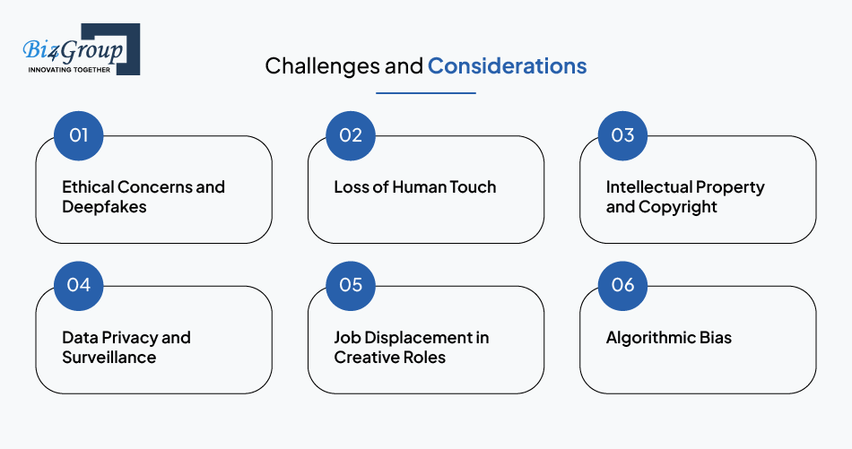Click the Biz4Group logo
(82, 49)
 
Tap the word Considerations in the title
(507, 66)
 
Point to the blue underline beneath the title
(426, 93)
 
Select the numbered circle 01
(79, 135)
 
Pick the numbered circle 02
(351, 135)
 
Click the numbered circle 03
(622, 135)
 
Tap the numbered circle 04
(79, 286)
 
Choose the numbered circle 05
(351, 286)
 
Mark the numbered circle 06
(622, 286)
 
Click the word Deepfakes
(104, 207)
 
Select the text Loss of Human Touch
(415, 187)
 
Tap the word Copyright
(678, 207)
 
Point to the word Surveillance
(109, 358)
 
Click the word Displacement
(412, 338)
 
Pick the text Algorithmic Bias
(669, 338)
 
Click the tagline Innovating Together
(69, 70)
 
